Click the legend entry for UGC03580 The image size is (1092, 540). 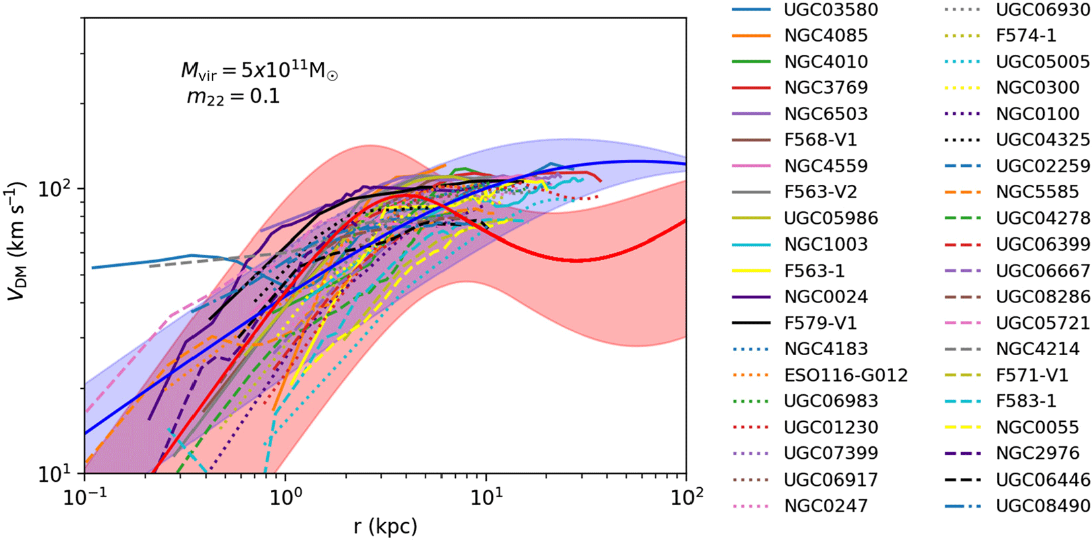(x=830, y=10)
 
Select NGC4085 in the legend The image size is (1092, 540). (x=825, y=36)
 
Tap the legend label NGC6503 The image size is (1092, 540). (x=825, y=114)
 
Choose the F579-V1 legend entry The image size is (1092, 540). (x=820, y=323)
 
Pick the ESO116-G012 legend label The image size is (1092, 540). (x=846, y=375)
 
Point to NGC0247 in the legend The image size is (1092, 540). (x=825, y=506)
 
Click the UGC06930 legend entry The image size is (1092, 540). (x=1042, y=10)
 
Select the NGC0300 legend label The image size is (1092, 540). (x=1037, y=88)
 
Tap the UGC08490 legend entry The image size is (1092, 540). (x=1042, y=506)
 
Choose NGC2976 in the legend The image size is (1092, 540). (x=1037, y=454)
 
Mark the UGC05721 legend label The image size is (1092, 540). (x=1042, y=323)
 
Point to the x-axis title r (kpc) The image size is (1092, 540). (x=385, y=526)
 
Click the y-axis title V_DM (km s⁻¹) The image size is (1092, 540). (x=16, y=241)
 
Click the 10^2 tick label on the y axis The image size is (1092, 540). (x=55, y=189)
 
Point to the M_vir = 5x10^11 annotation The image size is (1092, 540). (x=259, y=71)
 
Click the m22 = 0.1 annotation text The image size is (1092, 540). (x=233, y=97)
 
